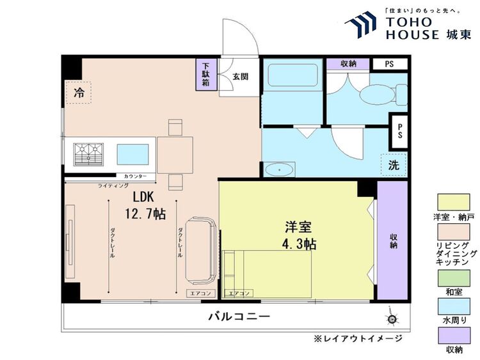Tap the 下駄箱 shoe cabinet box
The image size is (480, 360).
(x=206, y=74)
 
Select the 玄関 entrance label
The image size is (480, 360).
(x=240, y=77)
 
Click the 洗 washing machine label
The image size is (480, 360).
(x=394, y=164)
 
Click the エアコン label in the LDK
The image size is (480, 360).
(x=199, y=293)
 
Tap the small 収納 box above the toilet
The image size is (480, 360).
(x=348, y=63)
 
